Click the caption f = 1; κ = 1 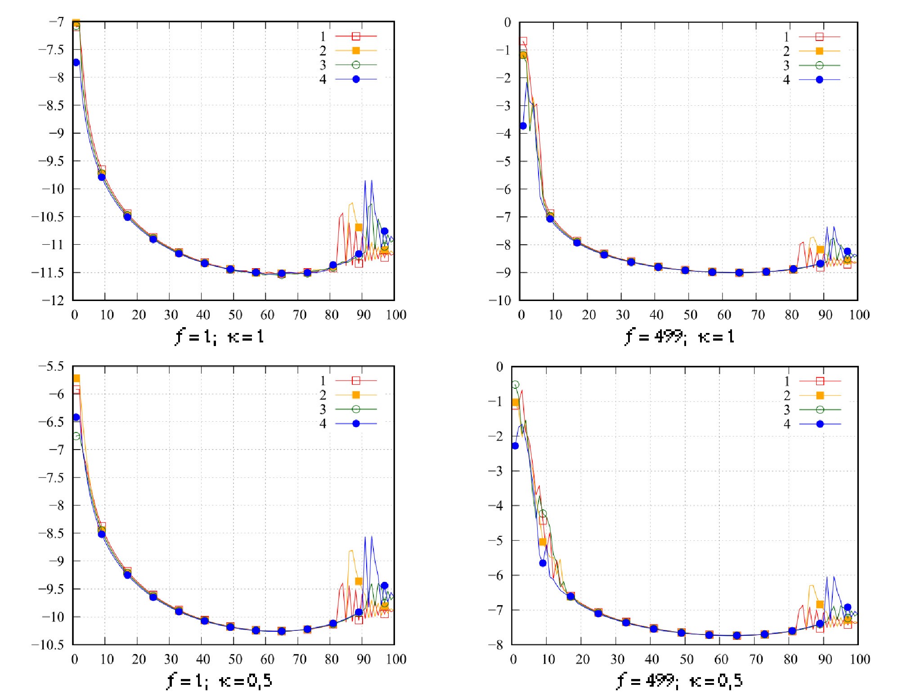(220, 336)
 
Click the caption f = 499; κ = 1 (679, 336)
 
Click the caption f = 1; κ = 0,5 (220, 680)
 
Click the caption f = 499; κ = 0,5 (679, 680)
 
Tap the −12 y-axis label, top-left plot (53, 300)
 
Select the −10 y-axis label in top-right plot (500, 300)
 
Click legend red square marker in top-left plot (356, 36)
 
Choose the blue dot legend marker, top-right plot (819, 80)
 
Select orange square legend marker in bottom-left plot (356, 395)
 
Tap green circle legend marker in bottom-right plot (820, 409)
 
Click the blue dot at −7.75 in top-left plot (76, 62)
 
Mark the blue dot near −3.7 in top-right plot (523, 126)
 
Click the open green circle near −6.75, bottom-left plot (76, 436)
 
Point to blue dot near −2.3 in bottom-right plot (515, 445)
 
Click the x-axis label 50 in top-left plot (235, 315)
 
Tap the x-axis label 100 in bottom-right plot (859, 659)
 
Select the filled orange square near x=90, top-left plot (359, 227)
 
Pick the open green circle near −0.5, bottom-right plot (515, 385)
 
